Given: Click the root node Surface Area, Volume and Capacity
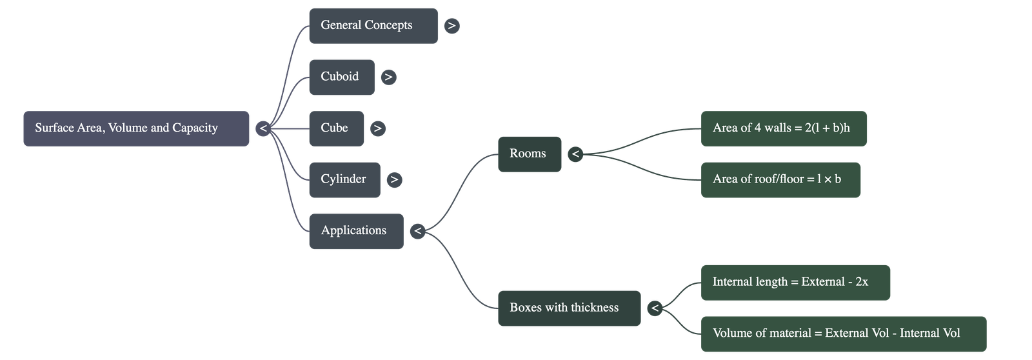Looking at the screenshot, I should (136, 128).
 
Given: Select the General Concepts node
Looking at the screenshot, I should (373, 26).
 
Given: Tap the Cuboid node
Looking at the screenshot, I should (341, 77).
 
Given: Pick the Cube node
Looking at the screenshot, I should (336, 128).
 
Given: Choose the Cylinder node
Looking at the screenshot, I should (344, 179).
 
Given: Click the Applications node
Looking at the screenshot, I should (355, 231).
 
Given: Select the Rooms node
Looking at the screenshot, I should (529, 154).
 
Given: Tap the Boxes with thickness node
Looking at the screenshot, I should (569, 308).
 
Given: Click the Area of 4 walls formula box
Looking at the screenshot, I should (784, 128).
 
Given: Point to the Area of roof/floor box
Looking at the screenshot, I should (780, 179).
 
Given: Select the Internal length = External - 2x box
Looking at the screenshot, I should (795, 282).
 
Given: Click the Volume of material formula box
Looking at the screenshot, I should (843, 334).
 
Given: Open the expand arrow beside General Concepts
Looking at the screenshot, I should (451, 26).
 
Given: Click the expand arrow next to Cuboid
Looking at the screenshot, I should (388, 77).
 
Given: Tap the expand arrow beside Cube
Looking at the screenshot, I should (377, 128).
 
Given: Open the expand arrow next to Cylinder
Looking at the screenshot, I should (394, 179).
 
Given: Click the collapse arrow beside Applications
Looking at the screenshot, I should (417, 231).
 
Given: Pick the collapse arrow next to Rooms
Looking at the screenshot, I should (575, 154).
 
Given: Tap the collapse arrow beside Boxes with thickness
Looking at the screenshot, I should (655, 308).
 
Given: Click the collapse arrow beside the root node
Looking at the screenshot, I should (263, 128).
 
